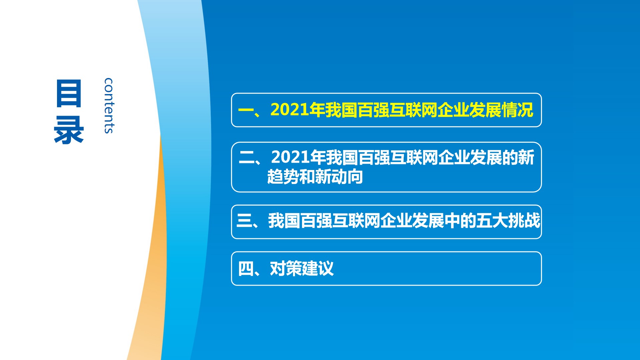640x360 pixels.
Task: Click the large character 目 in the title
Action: (69, 93)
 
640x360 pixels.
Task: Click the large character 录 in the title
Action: (69, 130)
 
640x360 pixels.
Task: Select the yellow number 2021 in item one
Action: (290, 110)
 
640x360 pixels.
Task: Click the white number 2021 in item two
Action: (291, 157)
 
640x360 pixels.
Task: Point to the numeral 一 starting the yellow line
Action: (246, 110)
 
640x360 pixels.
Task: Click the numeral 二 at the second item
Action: (247, 157)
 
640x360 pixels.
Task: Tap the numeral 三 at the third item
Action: (244, 221)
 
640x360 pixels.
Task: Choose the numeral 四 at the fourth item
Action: (246, 269)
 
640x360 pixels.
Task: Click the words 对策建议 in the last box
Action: (302, 268)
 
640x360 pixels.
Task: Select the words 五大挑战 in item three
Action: (508, 221)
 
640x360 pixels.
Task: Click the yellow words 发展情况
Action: (501, 110)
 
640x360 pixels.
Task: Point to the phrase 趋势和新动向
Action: (315, 177)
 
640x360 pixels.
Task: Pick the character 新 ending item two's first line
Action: (527, 157)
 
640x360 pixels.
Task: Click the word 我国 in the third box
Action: (284, 221)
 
